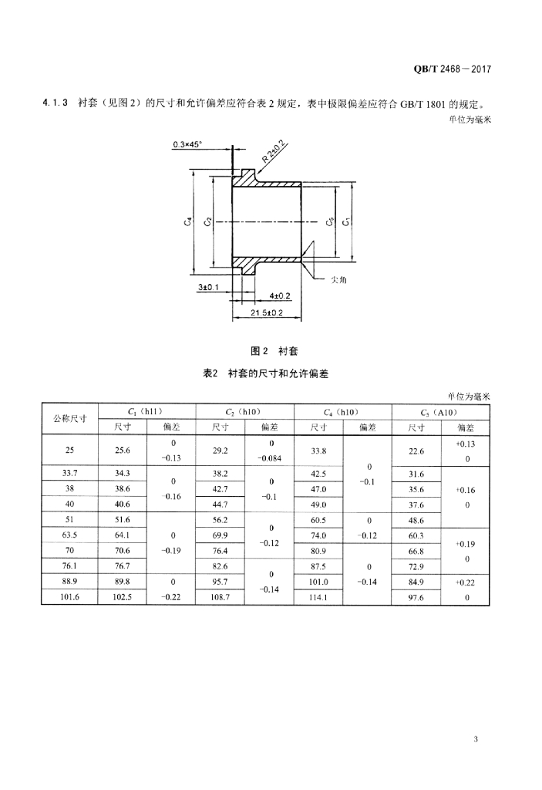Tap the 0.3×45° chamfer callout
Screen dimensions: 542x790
click(188, 144)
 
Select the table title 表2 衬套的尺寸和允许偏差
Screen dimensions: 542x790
click(266, 373)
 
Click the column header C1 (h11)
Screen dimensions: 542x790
click(147, 412)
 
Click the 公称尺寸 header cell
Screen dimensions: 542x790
click(70, 419)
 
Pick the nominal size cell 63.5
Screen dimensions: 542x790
click(70, 535)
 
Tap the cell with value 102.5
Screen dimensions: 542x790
click(123, 597)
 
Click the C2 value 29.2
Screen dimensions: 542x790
click(220, 451)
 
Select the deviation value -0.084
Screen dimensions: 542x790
click(272, 457)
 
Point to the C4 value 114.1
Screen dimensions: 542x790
click(318, 597)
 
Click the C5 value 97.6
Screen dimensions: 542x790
click(416, 597)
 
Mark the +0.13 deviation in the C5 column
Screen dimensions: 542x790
click(465, 444)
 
